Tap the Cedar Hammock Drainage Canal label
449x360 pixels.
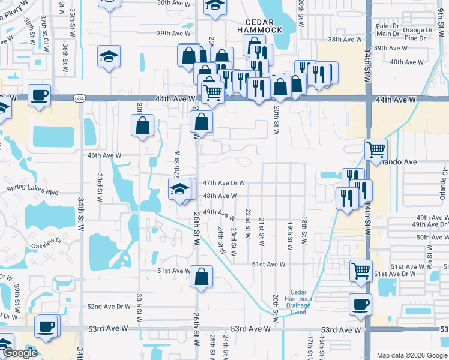298,301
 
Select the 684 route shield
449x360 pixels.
79,98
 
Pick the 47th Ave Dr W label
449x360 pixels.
223,183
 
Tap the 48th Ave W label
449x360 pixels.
220,196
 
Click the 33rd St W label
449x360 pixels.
100,188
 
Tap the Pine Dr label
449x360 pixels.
415,38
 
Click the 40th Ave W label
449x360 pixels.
406,62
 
